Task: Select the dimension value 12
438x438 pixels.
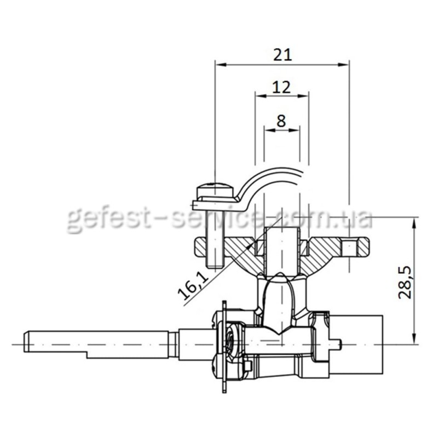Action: (281, 87)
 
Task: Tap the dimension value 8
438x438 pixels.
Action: (281, 121)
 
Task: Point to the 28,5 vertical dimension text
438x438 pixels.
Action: (405, 282)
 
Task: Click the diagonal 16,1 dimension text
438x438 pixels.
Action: (194, 285)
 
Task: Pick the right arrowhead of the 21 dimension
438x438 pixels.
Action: (343, 65)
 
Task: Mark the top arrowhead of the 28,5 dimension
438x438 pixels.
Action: (415, 222)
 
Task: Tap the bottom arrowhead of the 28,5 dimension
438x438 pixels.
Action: (415, 338)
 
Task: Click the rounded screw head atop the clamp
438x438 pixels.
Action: (215, 190)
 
